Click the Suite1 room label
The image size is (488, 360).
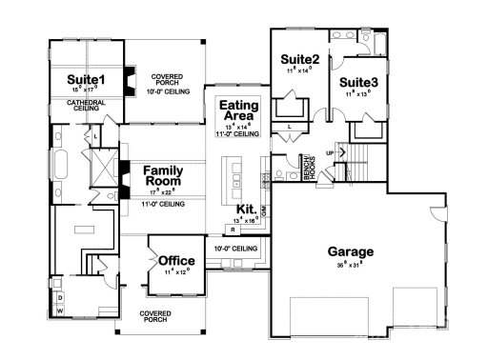coord(86,78)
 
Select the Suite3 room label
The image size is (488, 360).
coord(359,83)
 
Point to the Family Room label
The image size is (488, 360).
coord(163,176)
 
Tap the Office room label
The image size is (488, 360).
coord(176,260)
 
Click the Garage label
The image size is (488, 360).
coord(351,252)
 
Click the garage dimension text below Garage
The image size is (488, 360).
coord(351,264)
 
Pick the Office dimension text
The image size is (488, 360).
coord(176,271)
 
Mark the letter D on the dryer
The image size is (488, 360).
coord(59,297)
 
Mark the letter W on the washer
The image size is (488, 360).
coord(59,309)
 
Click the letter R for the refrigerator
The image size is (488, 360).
coord(232,230)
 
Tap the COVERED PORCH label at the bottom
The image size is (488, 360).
coord(154,316)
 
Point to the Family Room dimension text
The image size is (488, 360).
coord(163,192)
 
